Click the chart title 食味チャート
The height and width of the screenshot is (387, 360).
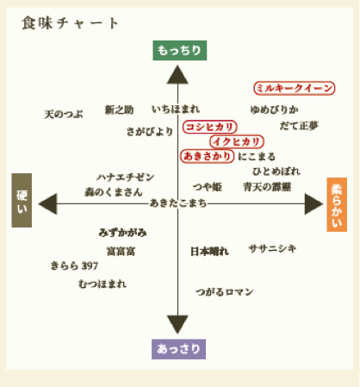(70, 23)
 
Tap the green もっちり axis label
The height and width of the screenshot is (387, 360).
(180, 50)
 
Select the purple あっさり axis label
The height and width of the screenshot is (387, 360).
(178, 349)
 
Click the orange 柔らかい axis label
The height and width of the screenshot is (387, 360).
(337, 204)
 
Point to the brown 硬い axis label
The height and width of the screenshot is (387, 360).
(22, 200)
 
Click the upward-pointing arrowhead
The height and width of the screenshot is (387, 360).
(177, 75)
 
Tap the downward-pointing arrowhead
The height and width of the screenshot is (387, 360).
(177, 324)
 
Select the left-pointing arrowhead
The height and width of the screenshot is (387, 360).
(48, 204)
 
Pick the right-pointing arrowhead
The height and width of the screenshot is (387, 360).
(313, 204)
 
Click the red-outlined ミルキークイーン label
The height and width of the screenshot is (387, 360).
(295, 88)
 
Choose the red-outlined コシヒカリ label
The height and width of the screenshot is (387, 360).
(210, 127)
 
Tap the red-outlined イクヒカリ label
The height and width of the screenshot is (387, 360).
(237, 141)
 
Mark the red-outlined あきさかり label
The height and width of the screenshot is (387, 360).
(207, 156)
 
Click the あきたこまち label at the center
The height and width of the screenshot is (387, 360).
(178, 203)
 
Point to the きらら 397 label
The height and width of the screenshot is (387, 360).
(74, 265)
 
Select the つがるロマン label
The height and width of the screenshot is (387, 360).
(225, 292)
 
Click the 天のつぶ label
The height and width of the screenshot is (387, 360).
(64, 115)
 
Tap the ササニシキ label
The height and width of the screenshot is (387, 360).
(272, 248)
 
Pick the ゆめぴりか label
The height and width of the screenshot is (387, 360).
(274, 109)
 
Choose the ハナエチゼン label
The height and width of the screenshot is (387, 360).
(126, 178)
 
